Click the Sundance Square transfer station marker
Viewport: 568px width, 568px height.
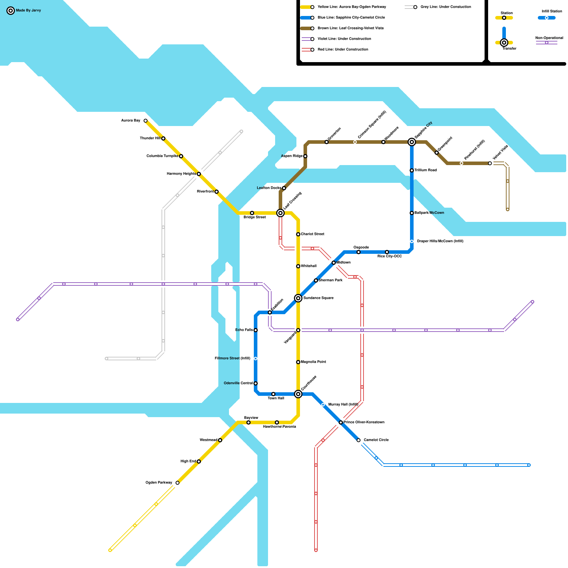(x=298, y=298)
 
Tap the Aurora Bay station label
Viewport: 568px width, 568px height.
(x=131, y=121)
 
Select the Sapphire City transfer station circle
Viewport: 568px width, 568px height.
(x=412, y=142)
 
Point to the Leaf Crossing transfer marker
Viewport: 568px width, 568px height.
(x=280, y=213)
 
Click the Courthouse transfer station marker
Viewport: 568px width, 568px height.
(x=298, y=394)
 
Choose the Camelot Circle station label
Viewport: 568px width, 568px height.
(x=376, y=440)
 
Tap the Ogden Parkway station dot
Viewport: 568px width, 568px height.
(x=177, y=483)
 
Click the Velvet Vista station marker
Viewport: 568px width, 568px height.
(x=490, y=163)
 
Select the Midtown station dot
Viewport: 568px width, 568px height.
(x=334, y=263)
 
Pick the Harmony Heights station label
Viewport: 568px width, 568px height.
(x=181, y=174)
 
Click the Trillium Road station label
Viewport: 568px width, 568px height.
(x=425, y=170)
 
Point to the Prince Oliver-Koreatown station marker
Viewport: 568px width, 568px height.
(x=341, y=422)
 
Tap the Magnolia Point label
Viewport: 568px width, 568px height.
(x=313, y=362)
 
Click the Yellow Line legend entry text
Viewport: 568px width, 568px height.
(x=351, y=7)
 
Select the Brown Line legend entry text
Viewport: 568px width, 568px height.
(x=350, y=28)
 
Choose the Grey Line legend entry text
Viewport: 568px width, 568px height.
(x=446, y=7)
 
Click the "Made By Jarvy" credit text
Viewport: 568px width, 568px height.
(x=28, y=11)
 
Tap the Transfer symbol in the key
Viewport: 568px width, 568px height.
(x=504, y=43)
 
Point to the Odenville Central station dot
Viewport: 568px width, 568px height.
(x=256, y=383)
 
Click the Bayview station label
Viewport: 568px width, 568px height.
(x=251, y=418)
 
